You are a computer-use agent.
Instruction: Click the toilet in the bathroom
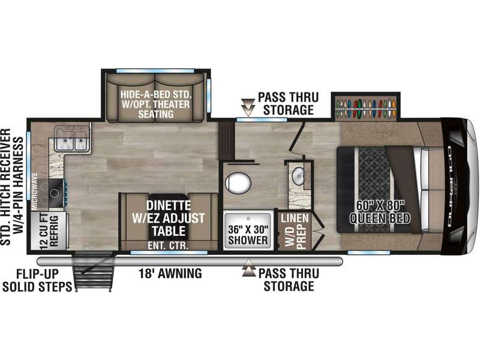[238, 183]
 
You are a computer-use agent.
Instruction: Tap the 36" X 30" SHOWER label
[248, 235]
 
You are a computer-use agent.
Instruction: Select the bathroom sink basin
[298, 175]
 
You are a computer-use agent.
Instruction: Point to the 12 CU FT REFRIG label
[49, 231]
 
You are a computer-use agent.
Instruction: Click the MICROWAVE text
[35, 191]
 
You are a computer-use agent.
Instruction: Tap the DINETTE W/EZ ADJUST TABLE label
[169, 218]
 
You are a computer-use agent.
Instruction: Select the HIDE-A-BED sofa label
[156, 104]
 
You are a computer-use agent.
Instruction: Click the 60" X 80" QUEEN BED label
[380, 212]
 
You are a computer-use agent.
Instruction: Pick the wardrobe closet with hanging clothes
[366, 109]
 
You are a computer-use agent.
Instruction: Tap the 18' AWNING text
[170, 273]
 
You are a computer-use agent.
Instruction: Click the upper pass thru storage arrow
[248, 107]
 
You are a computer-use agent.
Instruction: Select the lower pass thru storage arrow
[249, 268]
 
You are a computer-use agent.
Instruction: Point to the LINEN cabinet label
[295, 218]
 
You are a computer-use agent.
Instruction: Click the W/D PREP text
[295, 237]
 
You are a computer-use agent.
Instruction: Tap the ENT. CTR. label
[168, 245]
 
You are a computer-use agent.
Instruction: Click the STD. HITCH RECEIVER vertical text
[5, 187]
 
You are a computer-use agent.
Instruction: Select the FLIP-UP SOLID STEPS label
[37, 280]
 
